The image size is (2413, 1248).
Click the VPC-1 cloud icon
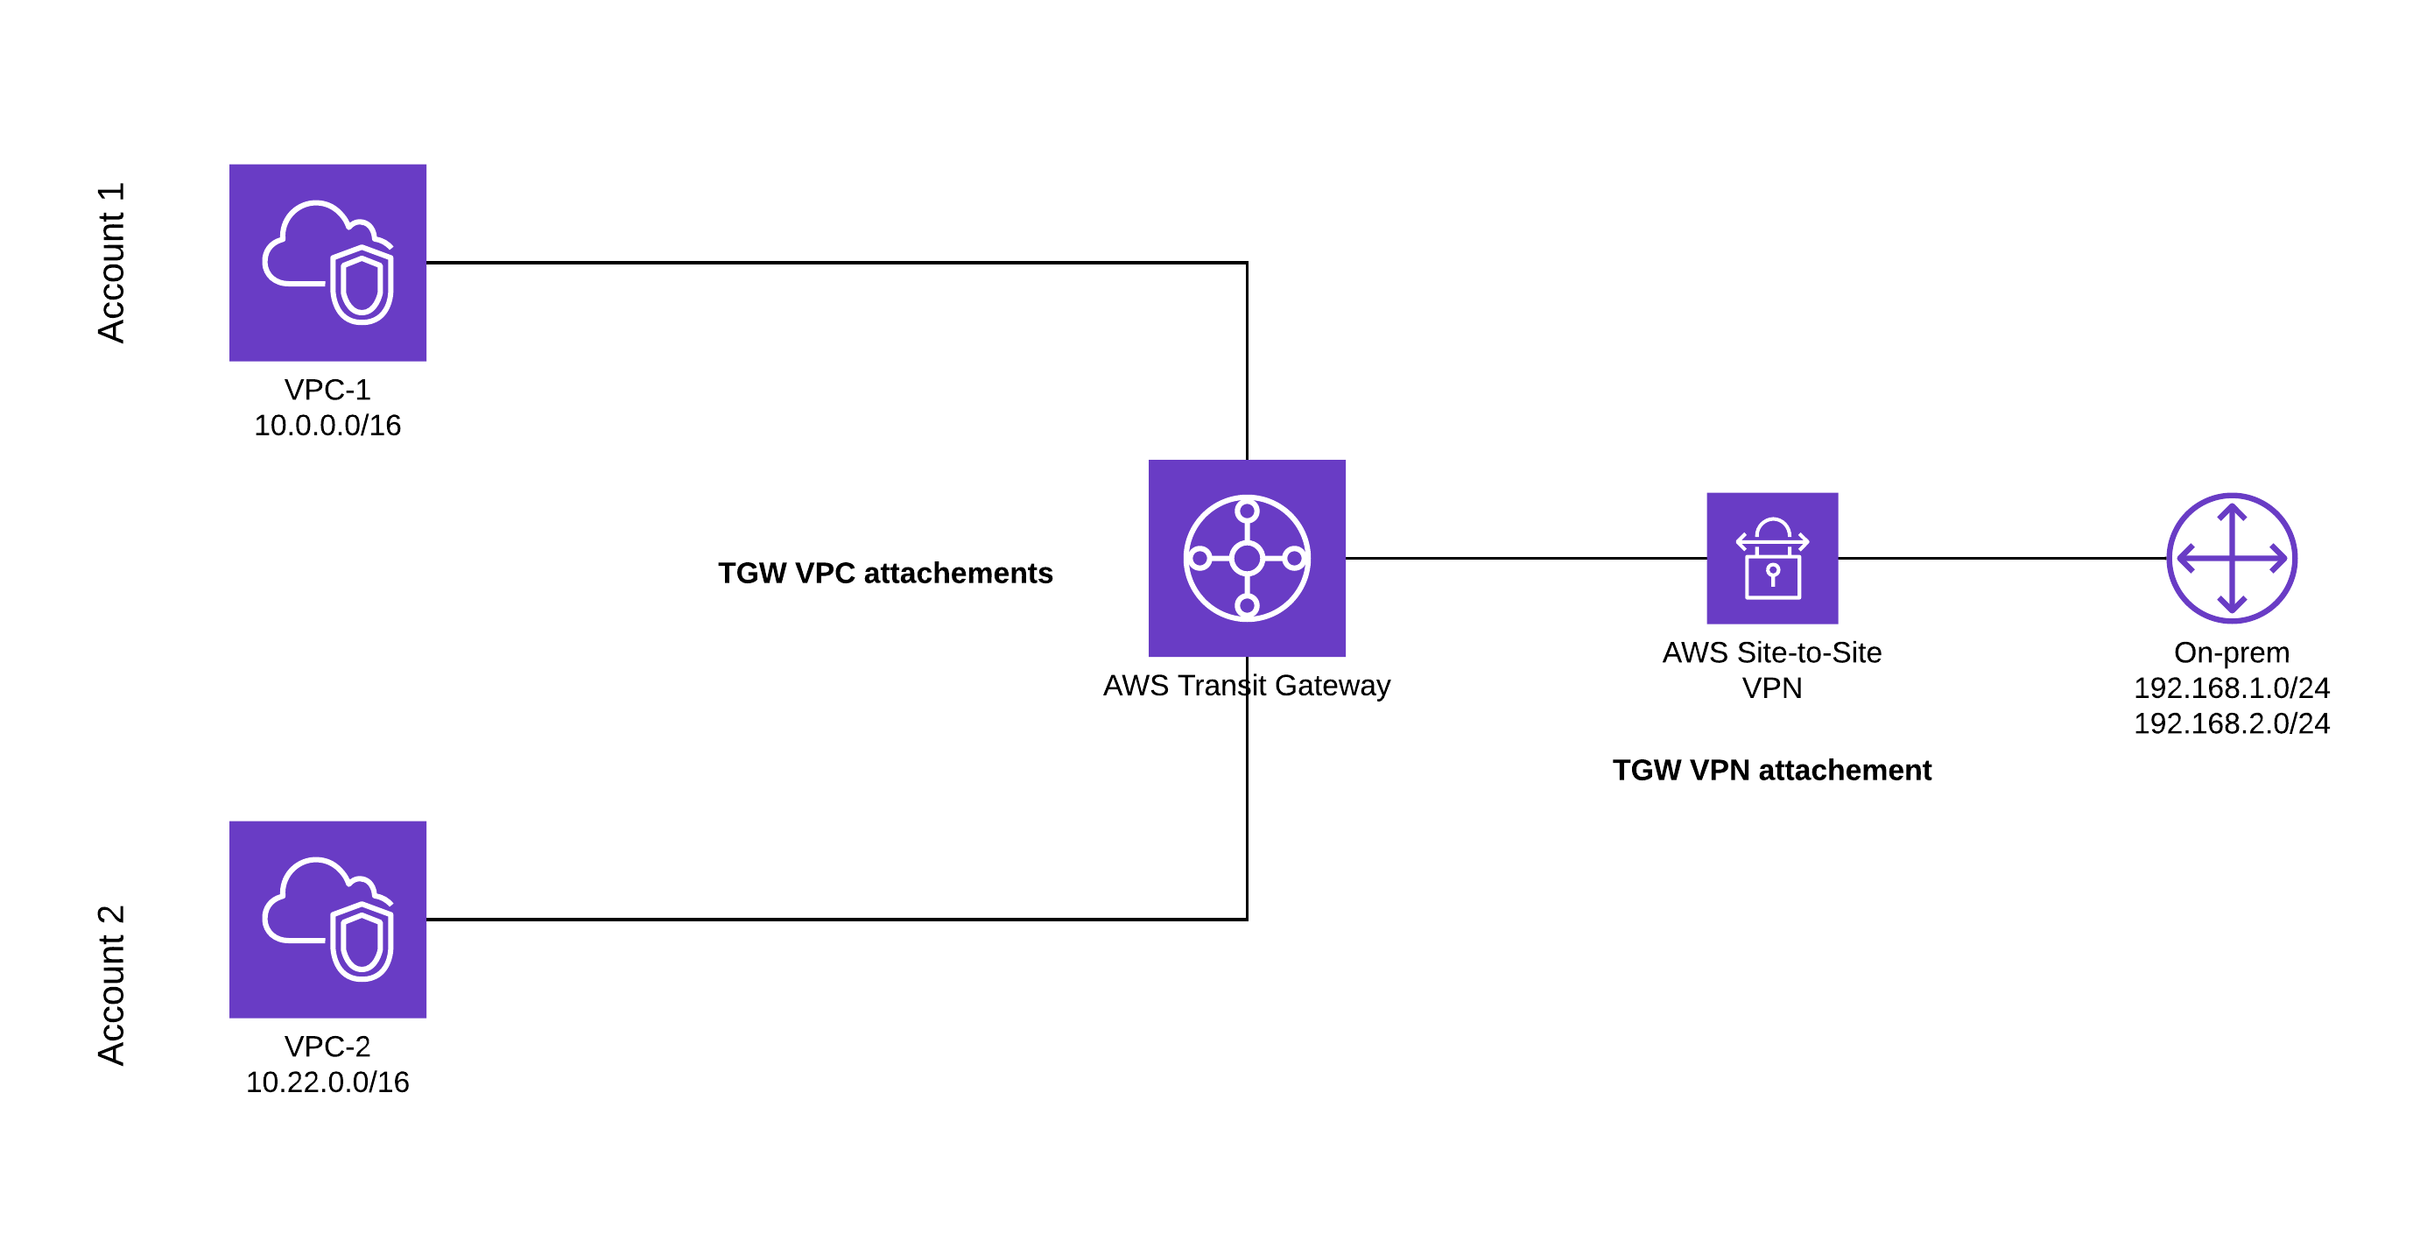pos(327,263)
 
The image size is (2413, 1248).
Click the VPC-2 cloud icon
pos(327,919)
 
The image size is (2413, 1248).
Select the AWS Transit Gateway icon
pos(1247,558)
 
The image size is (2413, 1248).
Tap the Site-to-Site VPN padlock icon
pos(1771,558)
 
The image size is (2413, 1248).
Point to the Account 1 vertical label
pos(110,263)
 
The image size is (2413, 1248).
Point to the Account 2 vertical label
pos(110,984)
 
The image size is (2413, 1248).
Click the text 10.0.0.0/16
pos(327,426)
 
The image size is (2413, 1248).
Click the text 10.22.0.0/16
pos(327,1082)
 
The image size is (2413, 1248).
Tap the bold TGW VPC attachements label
pos(885,573)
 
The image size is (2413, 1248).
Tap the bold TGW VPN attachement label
pos(1771,770)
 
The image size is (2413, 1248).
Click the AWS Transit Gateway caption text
pos(1247,685)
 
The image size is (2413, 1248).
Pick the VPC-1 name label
pos(327,390)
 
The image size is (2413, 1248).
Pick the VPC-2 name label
pos(327,1047)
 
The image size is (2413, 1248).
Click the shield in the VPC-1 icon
pos(362,285)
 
